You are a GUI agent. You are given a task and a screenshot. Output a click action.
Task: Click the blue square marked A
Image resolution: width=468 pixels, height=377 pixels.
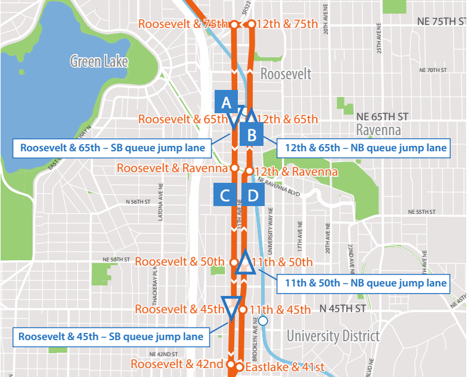[x=226, y=102]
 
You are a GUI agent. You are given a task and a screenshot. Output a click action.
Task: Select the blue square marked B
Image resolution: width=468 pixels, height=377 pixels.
[x=252, y=135]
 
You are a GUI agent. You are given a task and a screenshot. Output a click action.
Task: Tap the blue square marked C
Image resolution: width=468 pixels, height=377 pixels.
[x=225, y=195]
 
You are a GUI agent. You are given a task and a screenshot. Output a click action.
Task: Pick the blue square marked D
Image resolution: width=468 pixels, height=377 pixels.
[x=252, y=195]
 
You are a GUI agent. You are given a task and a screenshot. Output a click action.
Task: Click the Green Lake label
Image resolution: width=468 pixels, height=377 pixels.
[x=99, y=61]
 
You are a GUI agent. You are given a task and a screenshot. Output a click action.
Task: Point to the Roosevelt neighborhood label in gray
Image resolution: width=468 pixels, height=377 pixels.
[x=286, y=74]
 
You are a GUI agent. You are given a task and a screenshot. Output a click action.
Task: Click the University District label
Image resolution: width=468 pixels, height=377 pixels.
[x=333, y=336]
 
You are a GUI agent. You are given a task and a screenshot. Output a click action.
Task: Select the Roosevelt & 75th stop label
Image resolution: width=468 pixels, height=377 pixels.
[x=183, y=24]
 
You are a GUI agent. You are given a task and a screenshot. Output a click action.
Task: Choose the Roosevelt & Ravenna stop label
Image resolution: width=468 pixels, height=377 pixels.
[x=172, y=168]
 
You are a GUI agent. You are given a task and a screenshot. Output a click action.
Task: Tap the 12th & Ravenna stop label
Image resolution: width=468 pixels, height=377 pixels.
[x=296, y=172]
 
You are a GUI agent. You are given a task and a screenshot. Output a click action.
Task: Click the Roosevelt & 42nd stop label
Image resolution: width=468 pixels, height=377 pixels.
[x=177, y=364]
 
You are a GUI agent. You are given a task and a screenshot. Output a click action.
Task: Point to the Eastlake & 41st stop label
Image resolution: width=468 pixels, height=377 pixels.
[x=284, y=367]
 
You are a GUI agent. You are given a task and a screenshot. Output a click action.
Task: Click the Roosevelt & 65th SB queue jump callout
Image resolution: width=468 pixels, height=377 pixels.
[x=113, y=148]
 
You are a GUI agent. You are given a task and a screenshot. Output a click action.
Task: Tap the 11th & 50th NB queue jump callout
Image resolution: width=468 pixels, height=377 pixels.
[x=362, y=283]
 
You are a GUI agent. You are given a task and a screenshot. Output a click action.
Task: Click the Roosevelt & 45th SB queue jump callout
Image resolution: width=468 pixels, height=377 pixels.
[x=111, y=337]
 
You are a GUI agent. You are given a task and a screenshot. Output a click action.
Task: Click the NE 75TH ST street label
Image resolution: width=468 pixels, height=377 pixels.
[x=443, y=21]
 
